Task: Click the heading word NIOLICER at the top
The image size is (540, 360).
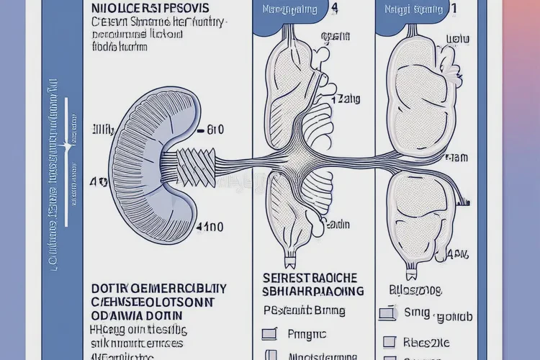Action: (119, 9)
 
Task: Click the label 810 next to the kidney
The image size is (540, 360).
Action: (212, 130)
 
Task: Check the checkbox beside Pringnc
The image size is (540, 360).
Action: (270, 333)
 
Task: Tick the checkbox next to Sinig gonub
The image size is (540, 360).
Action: (387, 313)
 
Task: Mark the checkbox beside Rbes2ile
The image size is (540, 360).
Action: (390, 341)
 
